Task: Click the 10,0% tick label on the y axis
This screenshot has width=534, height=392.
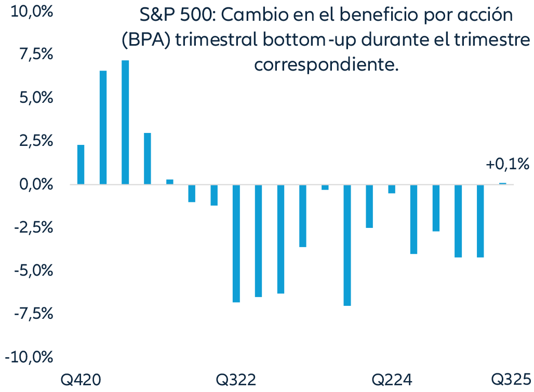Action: click(x=30, y=11)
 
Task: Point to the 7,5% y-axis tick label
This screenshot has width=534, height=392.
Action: click(x=34, y=55)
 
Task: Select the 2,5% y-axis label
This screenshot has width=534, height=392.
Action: click(x=34, y=141)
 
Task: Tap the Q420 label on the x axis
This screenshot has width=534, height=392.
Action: click(x=81, y=379)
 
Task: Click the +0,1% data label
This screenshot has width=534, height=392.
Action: click(x=508, y=165)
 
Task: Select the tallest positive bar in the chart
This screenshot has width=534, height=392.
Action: click(x=125, y=122)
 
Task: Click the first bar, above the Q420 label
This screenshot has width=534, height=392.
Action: click(x=81, y=165)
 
